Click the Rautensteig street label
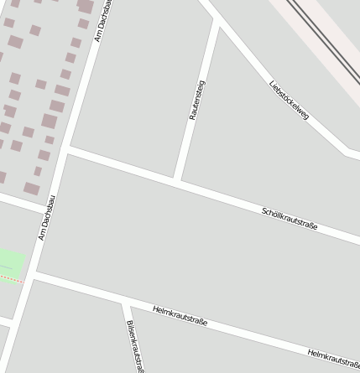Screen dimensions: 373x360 tap(197, 101)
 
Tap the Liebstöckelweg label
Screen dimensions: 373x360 tap(290, 99)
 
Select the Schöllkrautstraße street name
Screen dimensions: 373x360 tap(290, 219)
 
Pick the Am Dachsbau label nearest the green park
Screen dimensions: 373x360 tap(47, 217)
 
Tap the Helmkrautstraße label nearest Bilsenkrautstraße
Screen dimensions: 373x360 tap(180, 316)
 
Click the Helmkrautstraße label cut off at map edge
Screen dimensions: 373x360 tap(333, 359)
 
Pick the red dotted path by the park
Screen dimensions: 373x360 tap(10, 279)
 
